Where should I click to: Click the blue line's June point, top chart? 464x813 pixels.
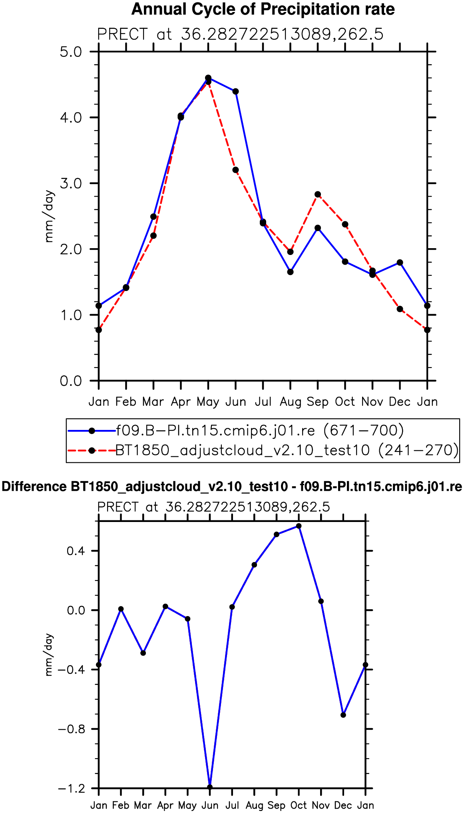[235, 91]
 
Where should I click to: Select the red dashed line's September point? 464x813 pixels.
[318, 195]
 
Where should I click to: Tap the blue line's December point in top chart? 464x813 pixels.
[400, 263]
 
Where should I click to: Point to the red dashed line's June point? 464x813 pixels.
[235, 170]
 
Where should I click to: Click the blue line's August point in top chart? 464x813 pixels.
[290, 272]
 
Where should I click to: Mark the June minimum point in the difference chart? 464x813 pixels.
[210, 787]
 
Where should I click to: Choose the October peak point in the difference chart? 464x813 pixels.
[299, 526]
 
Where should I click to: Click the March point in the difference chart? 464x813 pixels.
[143, 653]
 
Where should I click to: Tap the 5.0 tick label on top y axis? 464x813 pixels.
[71, 52]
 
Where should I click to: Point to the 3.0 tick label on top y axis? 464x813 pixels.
[71, 183]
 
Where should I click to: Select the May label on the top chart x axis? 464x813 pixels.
[208, 402]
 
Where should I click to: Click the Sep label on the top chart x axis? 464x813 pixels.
[318, 402]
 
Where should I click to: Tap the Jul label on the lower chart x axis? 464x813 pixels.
[232, 805]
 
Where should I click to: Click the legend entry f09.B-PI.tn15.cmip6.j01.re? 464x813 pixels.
[260, 431]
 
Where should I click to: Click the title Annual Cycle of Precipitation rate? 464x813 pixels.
[263, 9]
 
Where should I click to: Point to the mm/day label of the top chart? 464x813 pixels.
[49, 216]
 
